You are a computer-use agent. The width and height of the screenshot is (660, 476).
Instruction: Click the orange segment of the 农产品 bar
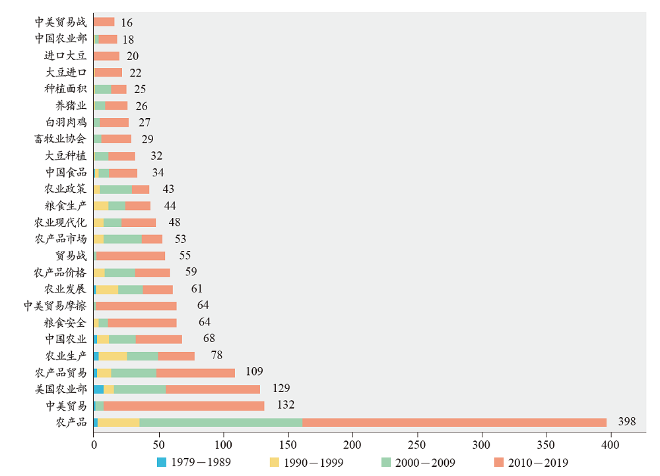tap(454, 422)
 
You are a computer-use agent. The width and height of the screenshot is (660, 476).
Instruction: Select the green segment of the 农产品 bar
tap(220, 422)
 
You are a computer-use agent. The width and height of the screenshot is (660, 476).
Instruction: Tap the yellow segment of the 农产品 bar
tap(118, 422)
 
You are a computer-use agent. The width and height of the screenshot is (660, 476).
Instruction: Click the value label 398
tap(626, 421)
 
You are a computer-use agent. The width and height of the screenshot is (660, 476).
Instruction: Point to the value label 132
tap(285, 405)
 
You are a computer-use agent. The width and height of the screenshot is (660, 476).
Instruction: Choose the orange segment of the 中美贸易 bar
tap(183, 405)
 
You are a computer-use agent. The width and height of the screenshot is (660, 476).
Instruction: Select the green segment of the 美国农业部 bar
tap(140, 389)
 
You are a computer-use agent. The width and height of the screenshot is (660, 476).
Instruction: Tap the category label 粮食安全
tap(65, 322)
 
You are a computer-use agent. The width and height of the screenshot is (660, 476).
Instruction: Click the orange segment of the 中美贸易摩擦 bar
tap(136, 306)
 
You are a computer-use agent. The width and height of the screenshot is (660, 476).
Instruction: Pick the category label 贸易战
tap(71, 255)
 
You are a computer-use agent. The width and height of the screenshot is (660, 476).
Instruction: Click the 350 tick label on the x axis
tap(546, 444)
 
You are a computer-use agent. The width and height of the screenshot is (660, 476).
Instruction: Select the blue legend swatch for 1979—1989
tap(162, 462)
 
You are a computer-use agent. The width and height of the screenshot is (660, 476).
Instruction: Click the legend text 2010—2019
tap(537, 462)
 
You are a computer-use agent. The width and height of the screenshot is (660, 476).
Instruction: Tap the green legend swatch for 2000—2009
tap(386, 462)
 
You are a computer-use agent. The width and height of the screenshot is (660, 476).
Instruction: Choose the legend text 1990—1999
tap(313, 462)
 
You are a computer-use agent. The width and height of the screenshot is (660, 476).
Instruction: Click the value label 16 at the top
tap(127, 22)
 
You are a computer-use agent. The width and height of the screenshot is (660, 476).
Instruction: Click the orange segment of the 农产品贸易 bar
tap(195, 372)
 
